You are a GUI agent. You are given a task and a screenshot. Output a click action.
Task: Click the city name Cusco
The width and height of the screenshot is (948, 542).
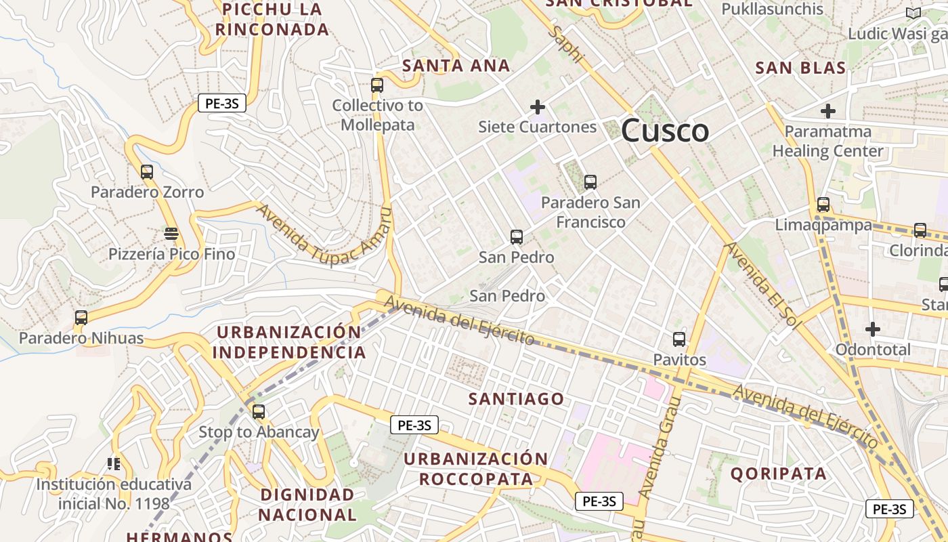tap(664, 130)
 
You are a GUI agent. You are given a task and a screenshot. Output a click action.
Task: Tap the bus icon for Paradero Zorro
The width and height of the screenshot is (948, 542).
tap(147, 172)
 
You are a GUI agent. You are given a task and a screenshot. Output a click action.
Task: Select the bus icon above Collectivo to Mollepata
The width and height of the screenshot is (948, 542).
tap(377, 85)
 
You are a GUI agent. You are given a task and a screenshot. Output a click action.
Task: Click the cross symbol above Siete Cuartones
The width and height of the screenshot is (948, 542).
tap(538, 107)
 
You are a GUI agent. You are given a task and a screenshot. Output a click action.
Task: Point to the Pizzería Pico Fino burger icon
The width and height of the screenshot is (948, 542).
tap(171, 234)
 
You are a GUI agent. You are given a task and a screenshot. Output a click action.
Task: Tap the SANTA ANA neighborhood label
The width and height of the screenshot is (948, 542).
tap(456, 66)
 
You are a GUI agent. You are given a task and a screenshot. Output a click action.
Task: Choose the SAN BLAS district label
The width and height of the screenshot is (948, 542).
tap(800, 68)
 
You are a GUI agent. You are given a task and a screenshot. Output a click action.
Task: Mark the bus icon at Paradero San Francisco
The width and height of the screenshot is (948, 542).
tap(590, 182)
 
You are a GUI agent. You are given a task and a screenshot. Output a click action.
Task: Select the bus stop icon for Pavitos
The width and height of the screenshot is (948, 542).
tap(679, 339)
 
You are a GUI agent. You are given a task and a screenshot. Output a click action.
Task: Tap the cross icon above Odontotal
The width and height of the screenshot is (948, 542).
tap(873, 329)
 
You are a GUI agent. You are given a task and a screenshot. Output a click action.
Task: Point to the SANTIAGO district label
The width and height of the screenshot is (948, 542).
tap(516, 398)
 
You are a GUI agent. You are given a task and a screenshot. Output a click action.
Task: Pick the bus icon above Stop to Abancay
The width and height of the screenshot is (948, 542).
tap(259, 412)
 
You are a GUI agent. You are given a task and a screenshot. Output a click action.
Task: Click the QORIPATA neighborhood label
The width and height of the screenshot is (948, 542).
tap(778, 474)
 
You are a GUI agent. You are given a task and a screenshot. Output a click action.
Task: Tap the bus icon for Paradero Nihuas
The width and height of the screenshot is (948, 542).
tap(81, 317)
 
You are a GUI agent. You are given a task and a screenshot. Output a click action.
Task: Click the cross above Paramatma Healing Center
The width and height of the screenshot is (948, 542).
tap(827, 111)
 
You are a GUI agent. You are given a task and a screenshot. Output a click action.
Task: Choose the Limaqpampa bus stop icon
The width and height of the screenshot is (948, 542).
tap(823, 204)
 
